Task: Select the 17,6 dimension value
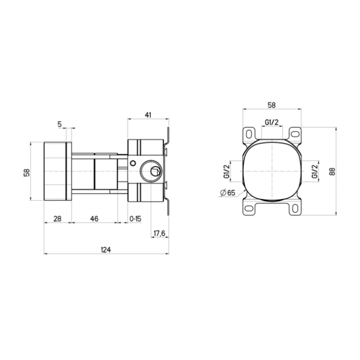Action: coord(159,234)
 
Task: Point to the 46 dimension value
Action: coord(94,219)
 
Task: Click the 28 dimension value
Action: coord(57,219)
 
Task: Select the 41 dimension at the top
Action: coord(148,115)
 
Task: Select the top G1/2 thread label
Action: coord(272,123)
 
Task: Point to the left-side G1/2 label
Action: coord(226,171)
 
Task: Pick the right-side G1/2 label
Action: coord(314,171)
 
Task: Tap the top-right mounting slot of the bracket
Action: coord(295,134)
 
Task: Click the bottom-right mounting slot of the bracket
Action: coord(295,208)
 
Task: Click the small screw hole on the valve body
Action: coord(133,162)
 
